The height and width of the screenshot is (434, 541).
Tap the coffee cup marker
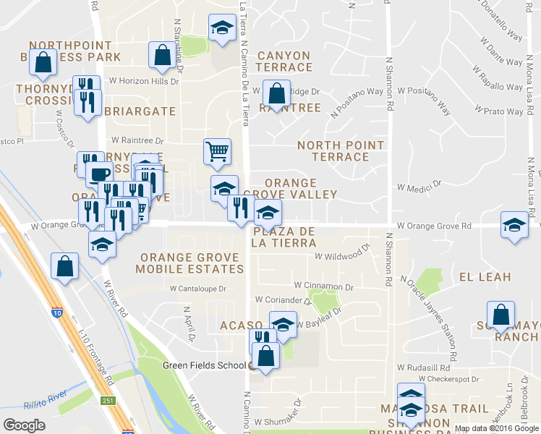pyautogui.click(x=99, y=174)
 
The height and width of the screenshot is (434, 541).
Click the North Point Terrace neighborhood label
pyautogui.click(x=341, y=150)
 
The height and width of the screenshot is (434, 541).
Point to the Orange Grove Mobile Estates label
pyautogui.click(x=192, y=263)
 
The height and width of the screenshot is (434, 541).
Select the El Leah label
pyautogui.click(x=485, y=277)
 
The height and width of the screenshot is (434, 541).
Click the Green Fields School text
pyautogui.click(x=204, y=365)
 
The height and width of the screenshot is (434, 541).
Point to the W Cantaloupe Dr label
pyautogui.click(x=198, y=288)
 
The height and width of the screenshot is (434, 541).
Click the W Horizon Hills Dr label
pyautogui.click(x=143, y=81)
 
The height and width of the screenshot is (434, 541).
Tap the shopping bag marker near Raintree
pyautogui.click(x=276, y=93)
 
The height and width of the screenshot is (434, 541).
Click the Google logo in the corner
pyautogui.click(x=24, y=425)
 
